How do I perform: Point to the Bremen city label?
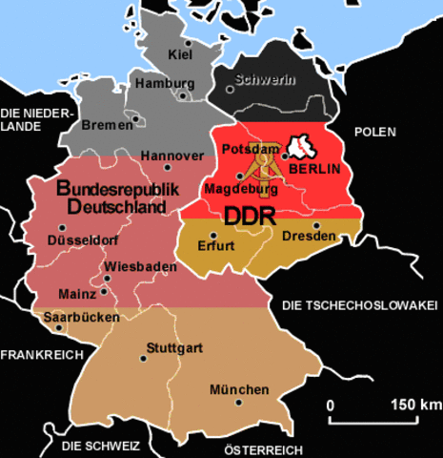[108, 125]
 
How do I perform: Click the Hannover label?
[171, 156]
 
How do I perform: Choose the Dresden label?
[309, 236]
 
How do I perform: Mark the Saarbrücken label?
[81, 316]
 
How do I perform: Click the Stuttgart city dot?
[144, 359]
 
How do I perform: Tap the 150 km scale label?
[415, 405]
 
